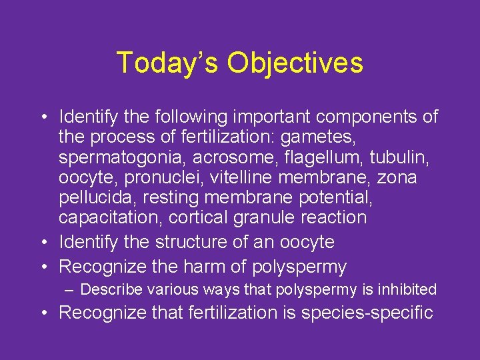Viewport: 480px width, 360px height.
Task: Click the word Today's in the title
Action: coord(167,63)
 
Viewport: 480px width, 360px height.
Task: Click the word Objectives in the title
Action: coord(295,63)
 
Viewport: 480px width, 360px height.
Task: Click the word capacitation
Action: coord(110,217)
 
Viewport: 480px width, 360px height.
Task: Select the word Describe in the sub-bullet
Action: coord(110,289)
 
